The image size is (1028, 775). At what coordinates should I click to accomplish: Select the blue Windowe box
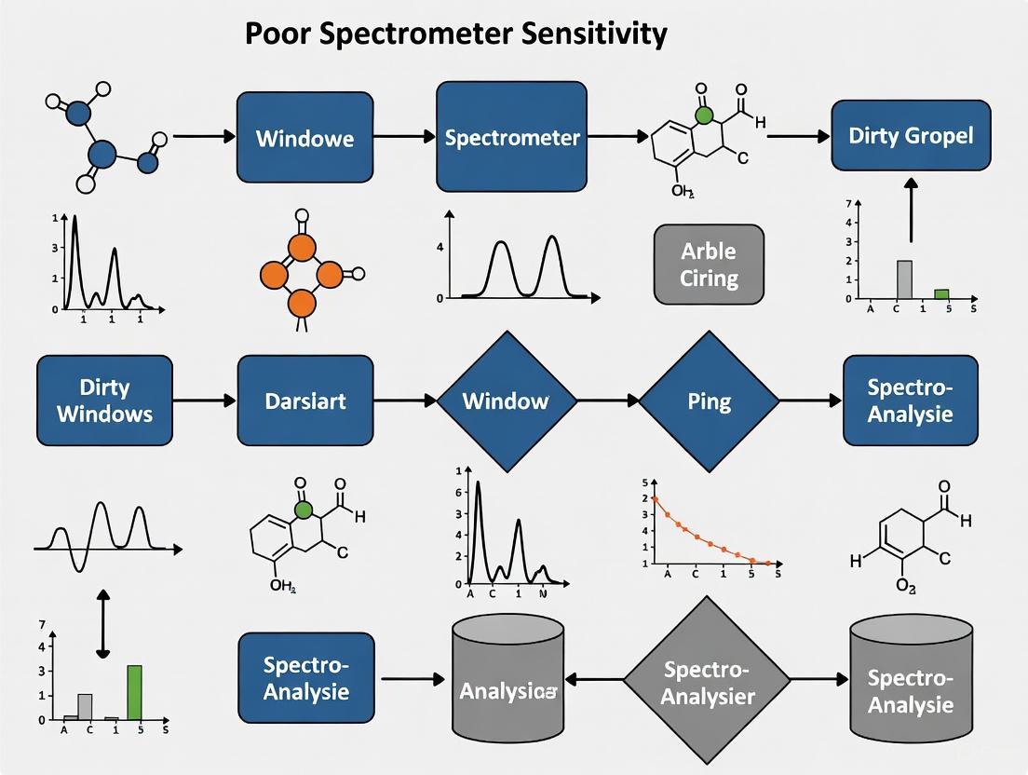pyautogui.click(x=304, y=139)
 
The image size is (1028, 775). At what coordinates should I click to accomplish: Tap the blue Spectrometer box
pyautogui.click(x=512, y=137)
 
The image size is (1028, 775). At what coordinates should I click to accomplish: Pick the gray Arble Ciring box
pyautogui.click(x=709, y=265)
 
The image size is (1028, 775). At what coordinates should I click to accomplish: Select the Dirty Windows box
pyautogui.click(x=104, y=401)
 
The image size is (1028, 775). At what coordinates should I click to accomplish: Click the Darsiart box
pyautogui.click(x=305, y=401)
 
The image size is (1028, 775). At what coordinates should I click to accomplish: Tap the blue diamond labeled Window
pyautogui.click(x=507, y=401)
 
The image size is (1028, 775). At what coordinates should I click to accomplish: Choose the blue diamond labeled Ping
pyautogui.click(x=709, y=401)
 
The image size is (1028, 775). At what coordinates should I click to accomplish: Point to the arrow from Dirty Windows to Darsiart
pyautogui.click(x=205, y=401)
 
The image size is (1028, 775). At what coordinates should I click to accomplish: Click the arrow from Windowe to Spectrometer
pyautogui.click(x=405, y=137)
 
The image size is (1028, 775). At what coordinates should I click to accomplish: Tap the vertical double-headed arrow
pyautogui.click(x=102, y=622)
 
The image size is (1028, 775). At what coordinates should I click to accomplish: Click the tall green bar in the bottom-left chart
pyautogui.click(x=134, y=692)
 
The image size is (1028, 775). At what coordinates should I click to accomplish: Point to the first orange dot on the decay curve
pyautogui.click(x=655, y=499)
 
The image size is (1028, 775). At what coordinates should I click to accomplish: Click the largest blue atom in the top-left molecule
pyautogui.click(x=102, y=154)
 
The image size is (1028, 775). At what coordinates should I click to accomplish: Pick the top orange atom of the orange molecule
pyautogui.click(x=301, y=247)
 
